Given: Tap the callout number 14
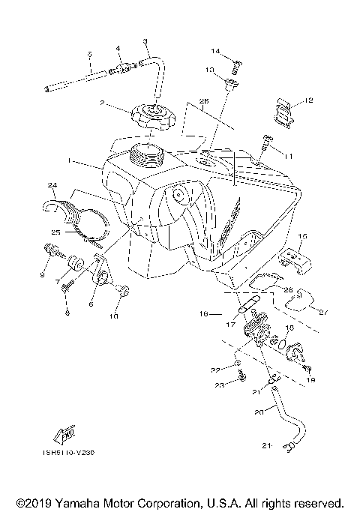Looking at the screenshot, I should tap(215, 51).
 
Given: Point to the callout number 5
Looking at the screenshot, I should tap(88, 54).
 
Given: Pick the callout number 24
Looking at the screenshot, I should tap(52, 184).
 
